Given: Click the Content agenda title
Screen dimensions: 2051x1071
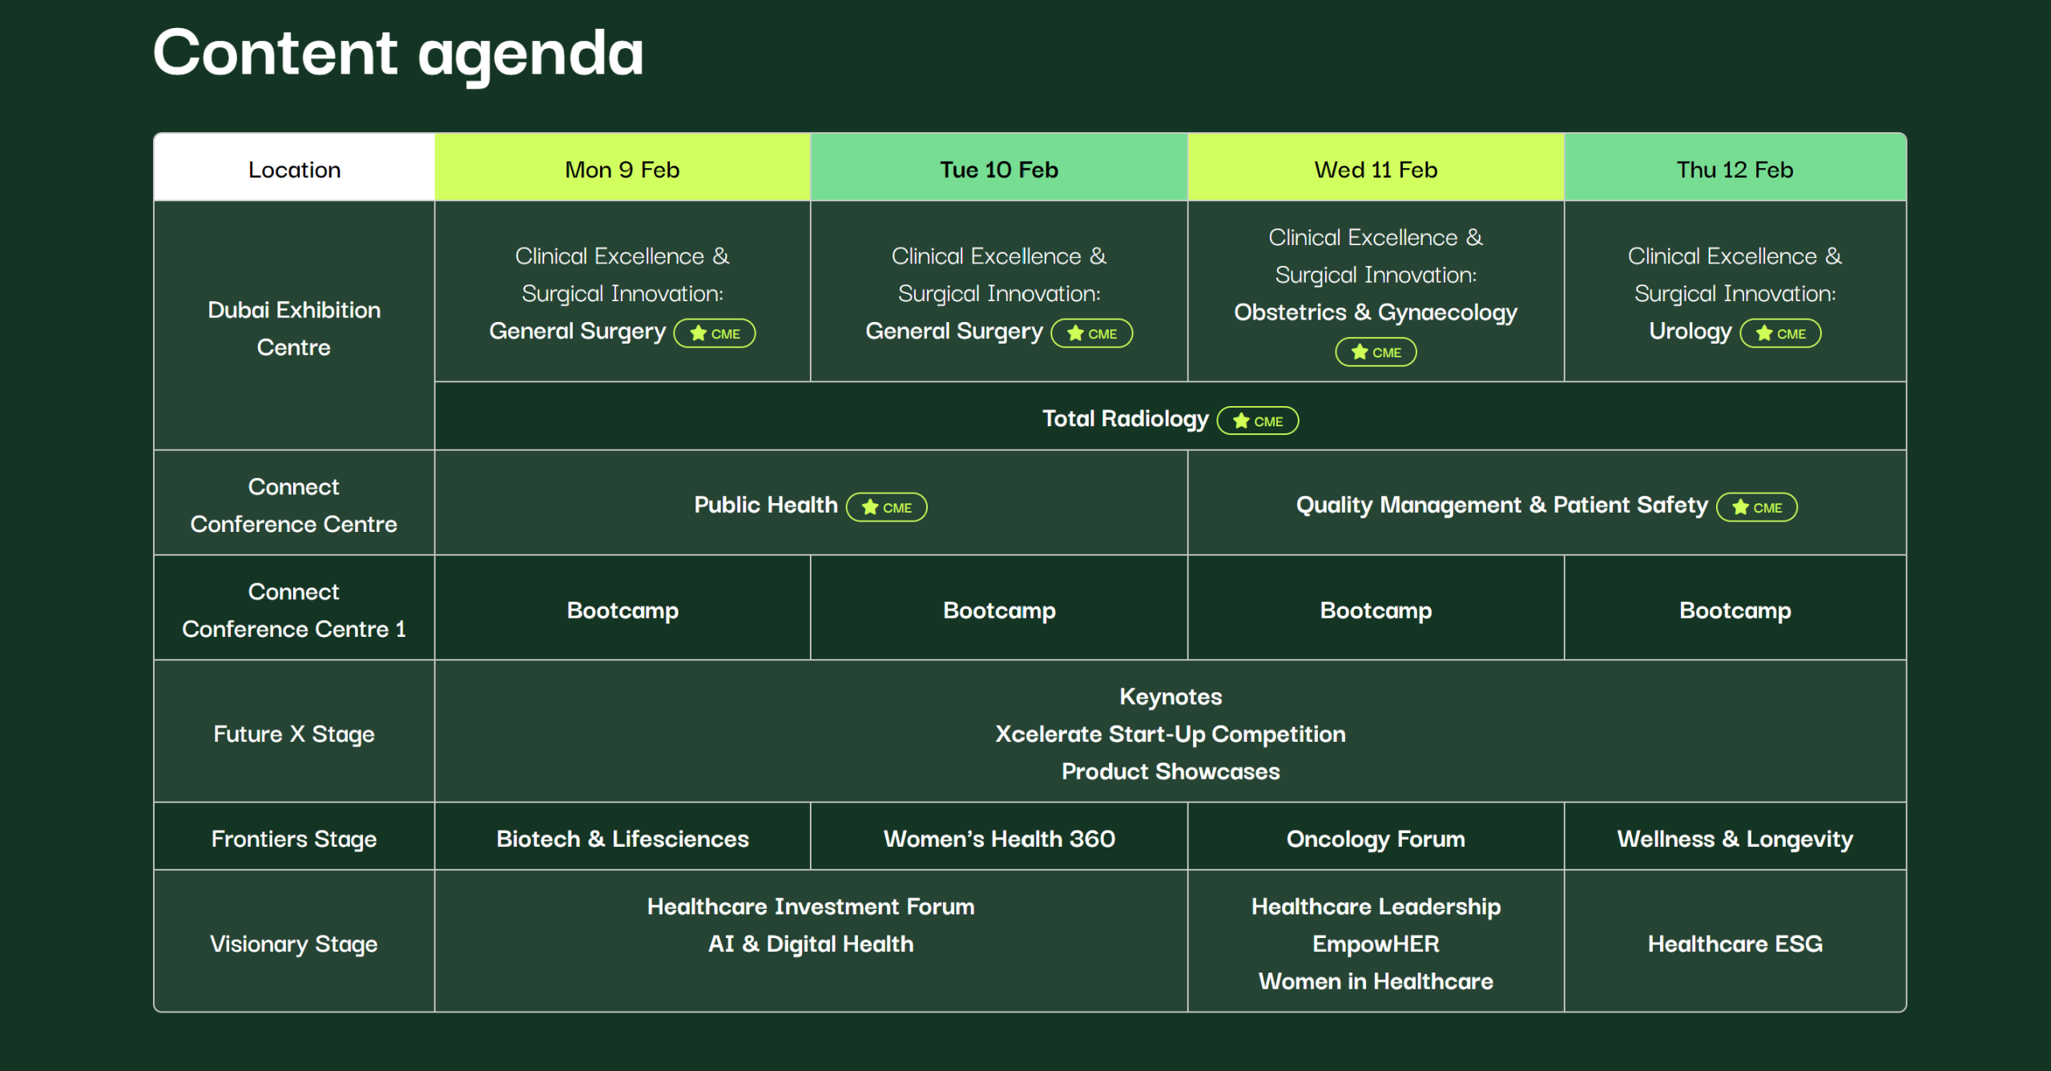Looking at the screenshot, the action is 398,54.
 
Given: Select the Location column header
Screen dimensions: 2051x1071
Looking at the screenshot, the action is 294,168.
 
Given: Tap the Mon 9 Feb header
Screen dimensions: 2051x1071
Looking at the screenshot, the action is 623,168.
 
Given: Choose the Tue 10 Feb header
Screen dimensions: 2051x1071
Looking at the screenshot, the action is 999,168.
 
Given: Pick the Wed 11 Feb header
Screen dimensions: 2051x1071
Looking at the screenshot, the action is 1376,168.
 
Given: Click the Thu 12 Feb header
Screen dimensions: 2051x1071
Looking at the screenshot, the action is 1735,168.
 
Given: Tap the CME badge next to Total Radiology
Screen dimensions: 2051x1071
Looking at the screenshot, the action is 1258,421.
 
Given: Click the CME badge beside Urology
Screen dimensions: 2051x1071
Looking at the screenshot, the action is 1780,333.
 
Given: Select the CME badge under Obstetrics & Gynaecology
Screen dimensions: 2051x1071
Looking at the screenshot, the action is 1376,352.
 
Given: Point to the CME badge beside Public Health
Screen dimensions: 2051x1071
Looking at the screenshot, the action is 887,507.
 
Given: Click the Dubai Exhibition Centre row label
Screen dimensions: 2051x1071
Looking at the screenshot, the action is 294,328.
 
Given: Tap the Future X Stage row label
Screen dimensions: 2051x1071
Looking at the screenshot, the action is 294,734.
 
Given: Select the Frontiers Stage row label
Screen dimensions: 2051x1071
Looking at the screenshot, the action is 294,839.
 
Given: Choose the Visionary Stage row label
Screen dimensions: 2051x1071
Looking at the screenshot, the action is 294,944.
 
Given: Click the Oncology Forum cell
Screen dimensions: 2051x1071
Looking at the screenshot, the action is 1376,839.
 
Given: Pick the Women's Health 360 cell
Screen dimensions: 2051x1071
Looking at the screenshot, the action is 999,839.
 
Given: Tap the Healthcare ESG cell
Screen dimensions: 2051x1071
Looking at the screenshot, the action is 1735,944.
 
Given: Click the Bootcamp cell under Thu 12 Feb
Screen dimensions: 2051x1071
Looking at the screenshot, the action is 1735,610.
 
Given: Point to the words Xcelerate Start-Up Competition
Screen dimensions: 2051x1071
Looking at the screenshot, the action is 1171,734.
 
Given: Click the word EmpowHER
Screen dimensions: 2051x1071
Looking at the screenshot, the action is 1376,944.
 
